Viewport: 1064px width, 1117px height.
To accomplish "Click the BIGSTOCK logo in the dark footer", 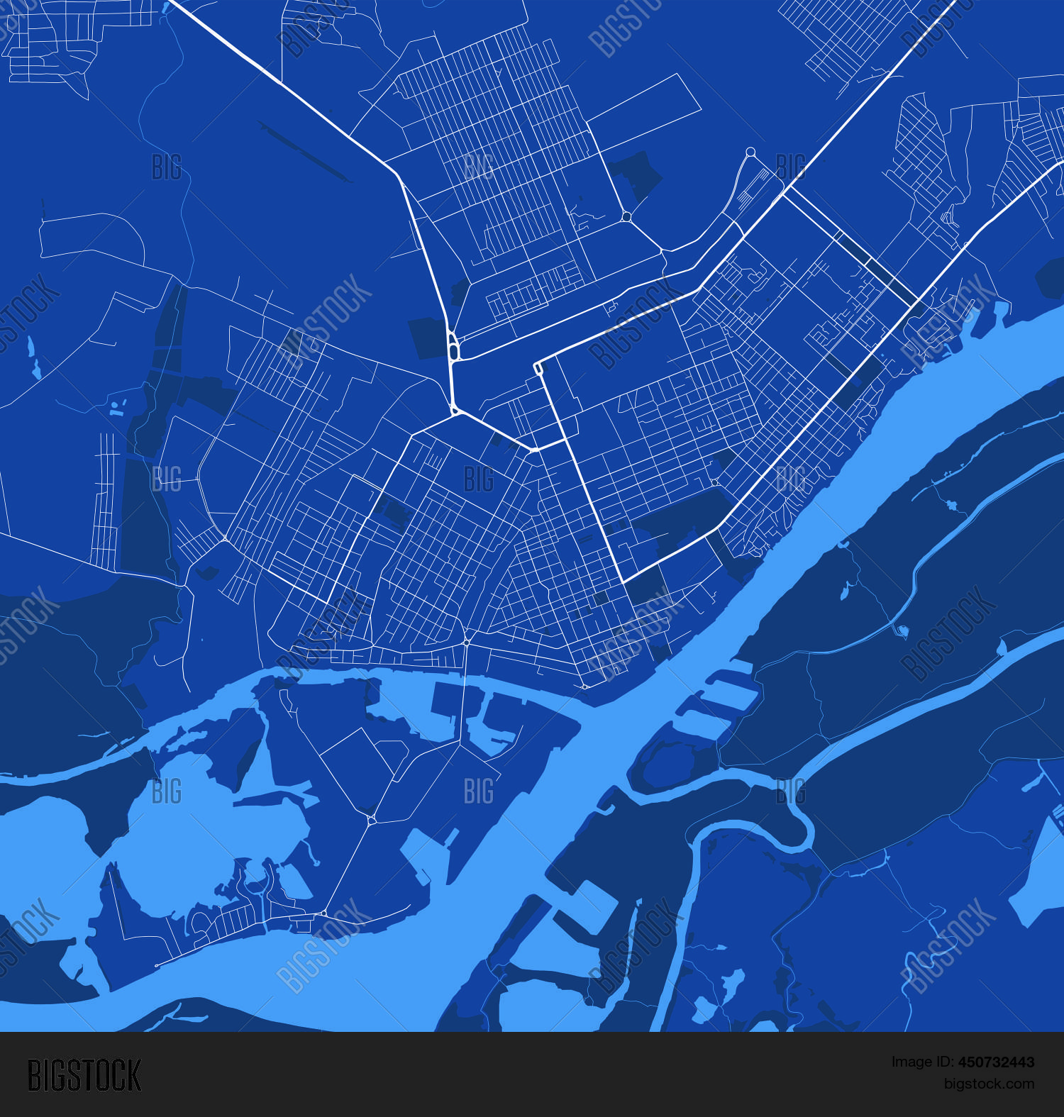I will [x=84, y=1075].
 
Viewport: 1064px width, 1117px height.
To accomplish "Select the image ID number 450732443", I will [x=996, y=1062].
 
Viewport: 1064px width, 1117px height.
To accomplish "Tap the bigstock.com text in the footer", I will [x=989, y=1084].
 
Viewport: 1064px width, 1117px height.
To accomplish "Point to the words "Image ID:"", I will [x=923, y=1062].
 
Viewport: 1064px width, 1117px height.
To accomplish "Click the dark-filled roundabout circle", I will [x=626, y=216].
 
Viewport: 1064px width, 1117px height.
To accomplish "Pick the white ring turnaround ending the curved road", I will [x=750, y=152].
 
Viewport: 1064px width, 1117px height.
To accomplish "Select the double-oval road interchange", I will [x=453, y=347].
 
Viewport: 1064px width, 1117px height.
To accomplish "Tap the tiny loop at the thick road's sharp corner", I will [x=538, y=367].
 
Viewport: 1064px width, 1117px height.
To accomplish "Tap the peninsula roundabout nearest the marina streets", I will [x=323, y=913].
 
